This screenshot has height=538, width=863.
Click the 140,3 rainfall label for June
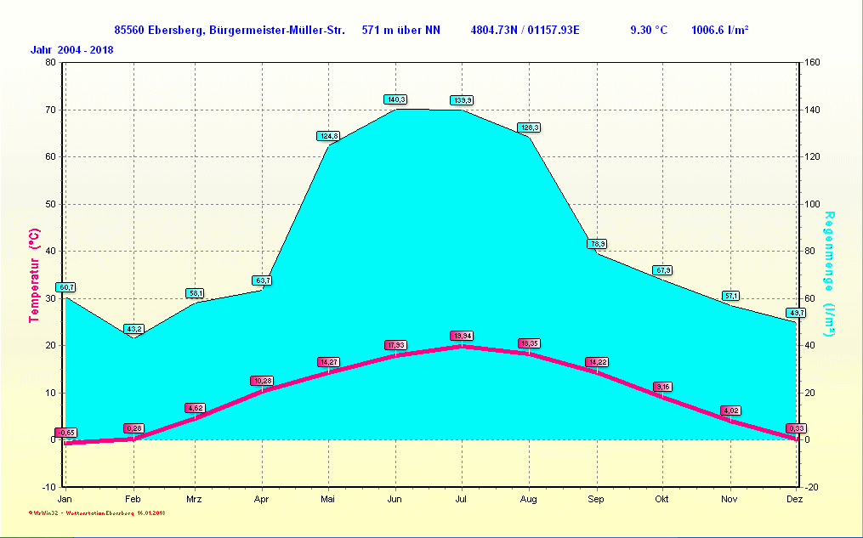[x=395, y=99]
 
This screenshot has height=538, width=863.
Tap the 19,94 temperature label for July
[x=462, y=336]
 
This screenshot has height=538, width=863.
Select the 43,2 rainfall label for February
[x=133, y=329]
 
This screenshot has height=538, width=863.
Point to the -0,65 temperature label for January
[x=66, y=433]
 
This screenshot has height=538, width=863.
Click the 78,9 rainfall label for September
[x=597, y=244]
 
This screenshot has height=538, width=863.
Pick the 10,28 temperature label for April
[x=262, y=381]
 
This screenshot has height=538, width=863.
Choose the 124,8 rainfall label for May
[x=328, y=136]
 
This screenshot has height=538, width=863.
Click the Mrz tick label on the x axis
[x=195, y=499]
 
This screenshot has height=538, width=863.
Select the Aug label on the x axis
[x=529, y=499]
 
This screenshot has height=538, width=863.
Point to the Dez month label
[x=795, y=499]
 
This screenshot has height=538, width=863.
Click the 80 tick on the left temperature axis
[x=49, y=62]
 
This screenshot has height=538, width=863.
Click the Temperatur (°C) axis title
[x=34, y=275]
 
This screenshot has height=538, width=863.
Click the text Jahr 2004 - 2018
[x=72, y=49]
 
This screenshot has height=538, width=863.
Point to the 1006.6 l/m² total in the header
[x=719, y=31]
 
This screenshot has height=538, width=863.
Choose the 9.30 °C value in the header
[x=648, y=31]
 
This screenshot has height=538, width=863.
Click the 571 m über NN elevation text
[x=400, y=31]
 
